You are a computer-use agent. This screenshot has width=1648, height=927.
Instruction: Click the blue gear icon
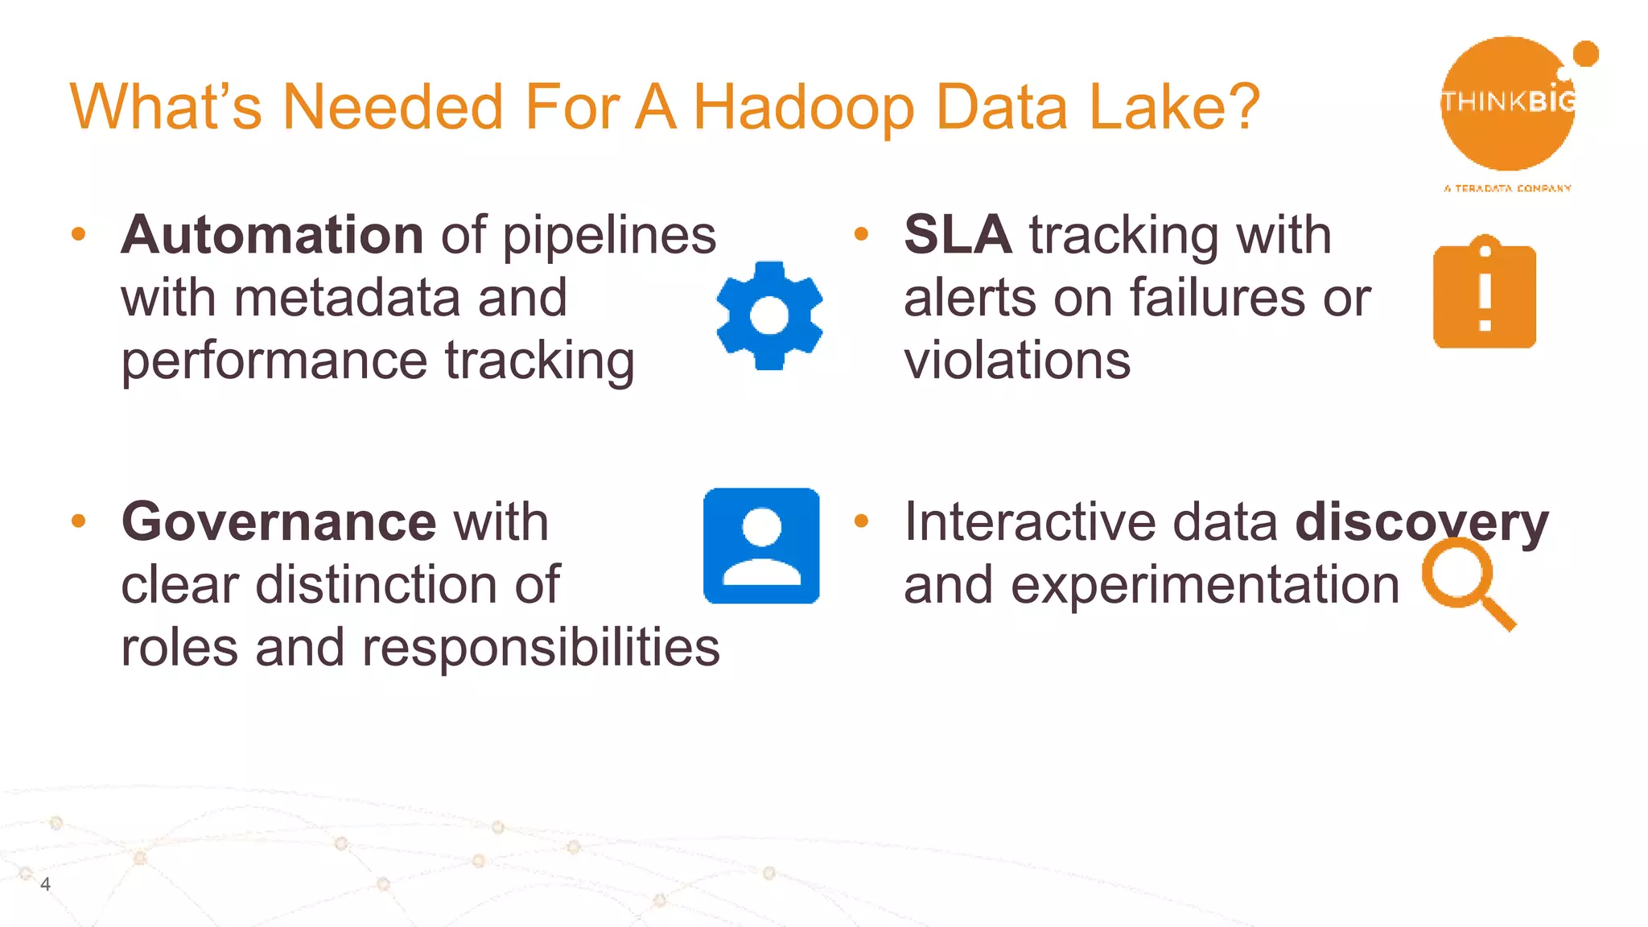[x=769, y=315]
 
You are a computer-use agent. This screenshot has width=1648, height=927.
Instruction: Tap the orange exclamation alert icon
[x=1485, y=294]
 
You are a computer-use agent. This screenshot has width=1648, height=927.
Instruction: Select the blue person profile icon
[x=761, y=546]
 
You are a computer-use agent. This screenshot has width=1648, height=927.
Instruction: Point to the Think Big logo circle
[x=1508, y=103]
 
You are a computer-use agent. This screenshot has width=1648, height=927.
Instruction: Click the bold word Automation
[x=272, y=235]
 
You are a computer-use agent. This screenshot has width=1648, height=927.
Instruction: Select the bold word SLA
[x=958, y=235]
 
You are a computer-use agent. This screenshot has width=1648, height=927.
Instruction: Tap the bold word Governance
[x=278, y=521]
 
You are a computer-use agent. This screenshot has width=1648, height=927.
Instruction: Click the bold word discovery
[x=1421, y=521]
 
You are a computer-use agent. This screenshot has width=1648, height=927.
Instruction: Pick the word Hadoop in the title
[x=803, y=106]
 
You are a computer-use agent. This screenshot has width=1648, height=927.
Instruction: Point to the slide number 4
[x=45, y=884]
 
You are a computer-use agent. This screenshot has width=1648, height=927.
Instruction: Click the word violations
[x=1017, y=360]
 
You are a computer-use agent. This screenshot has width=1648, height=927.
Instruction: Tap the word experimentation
[x=1205, y=585]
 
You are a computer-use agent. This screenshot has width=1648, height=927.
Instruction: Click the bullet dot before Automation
[x=78, y=234]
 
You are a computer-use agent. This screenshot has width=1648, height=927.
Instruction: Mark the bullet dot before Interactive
[x=861, y=521]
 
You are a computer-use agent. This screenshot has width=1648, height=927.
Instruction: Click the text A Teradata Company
[x=1507, y=188]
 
